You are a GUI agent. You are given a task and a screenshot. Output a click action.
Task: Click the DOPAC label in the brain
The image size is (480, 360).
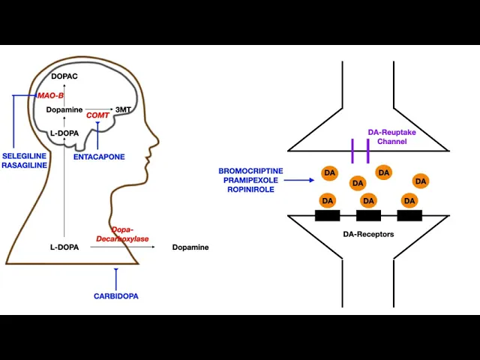[x=64, y=76]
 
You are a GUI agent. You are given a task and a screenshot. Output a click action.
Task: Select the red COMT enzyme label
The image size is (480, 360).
[x=97, y=115]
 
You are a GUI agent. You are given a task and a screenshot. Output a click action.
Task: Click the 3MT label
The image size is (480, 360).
[x=124, y=109]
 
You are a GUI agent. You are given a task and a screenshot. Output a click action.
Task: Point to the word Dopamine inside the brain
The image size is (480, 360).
[x=64, y=109]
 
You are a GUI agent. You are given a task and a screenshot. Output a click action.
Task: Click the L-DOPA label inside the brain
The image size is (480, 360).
[x=64, y=133]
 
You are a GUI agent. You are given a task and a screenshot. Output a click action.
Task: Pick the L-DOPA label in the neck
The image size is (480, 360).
[x=64, y=247]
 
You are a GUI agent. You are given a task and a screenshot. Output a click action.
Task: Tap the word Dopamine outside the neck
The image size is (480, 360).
[x=190, y=247]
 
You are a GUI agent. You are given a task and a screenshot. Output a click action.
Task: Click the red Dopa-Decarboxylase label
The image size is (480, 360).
[x=121, y=234]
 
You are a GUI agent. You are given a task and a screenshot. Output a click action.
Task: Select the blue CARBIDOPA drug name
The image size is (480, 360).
[x=115, y=295]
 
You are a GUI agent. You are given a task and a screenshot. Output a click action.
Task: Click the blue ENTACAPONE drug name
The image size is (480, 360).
[x=99, y=157]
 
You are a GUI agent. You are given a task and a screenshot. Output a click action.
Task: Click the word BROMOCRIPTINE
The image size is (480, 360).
[x=250, y=171]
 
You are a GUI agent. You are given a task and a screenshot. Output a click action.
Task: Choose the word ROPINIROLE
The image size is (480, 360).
[x=250, y=190]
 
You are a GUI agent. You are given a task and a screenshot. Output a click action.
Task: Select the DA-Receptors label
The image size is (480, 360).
[x=368, y=234]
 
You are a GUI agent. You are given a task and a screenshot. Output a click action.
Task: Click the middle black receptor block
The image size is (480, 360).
[x=368, y=215]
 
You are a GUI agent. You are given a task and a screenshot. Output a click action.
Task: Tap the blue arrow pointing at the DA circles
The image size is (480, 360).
[x=300, y=180]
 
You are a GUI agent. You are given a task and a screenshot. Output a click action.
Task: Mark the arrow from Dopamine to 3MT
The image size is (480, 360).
[x=99, y=109]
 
